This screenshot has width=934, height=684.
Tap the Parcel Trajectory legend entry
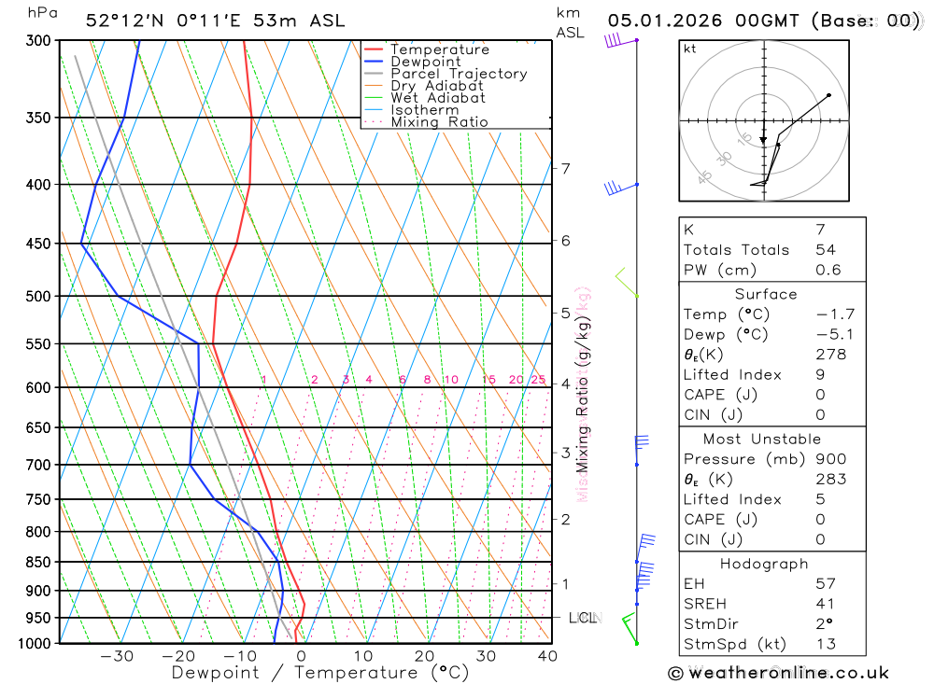458,74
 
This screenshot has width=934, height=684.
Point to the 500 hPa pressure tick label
37,297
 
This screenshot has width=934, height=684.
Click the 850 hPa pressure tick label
37,562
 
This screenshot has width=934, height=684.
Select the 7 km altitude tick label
565,168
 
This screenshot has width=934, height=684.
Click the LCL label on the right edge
583,618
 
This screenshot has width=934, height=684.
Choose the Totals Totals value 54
825,250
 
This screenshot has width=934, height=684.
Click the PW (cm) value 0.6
828,271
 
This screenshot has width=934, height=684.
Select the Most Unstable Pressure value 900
830,459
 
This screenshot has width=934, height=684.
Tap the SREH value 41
825,605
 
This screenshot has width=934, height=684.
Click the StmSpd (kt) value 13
825,644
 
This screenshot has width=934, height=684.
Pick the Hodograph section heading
764,565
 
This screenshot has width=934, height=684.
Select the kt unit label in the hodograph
690,49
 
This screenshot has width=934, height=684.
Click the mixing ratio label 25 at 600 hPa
538,380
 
